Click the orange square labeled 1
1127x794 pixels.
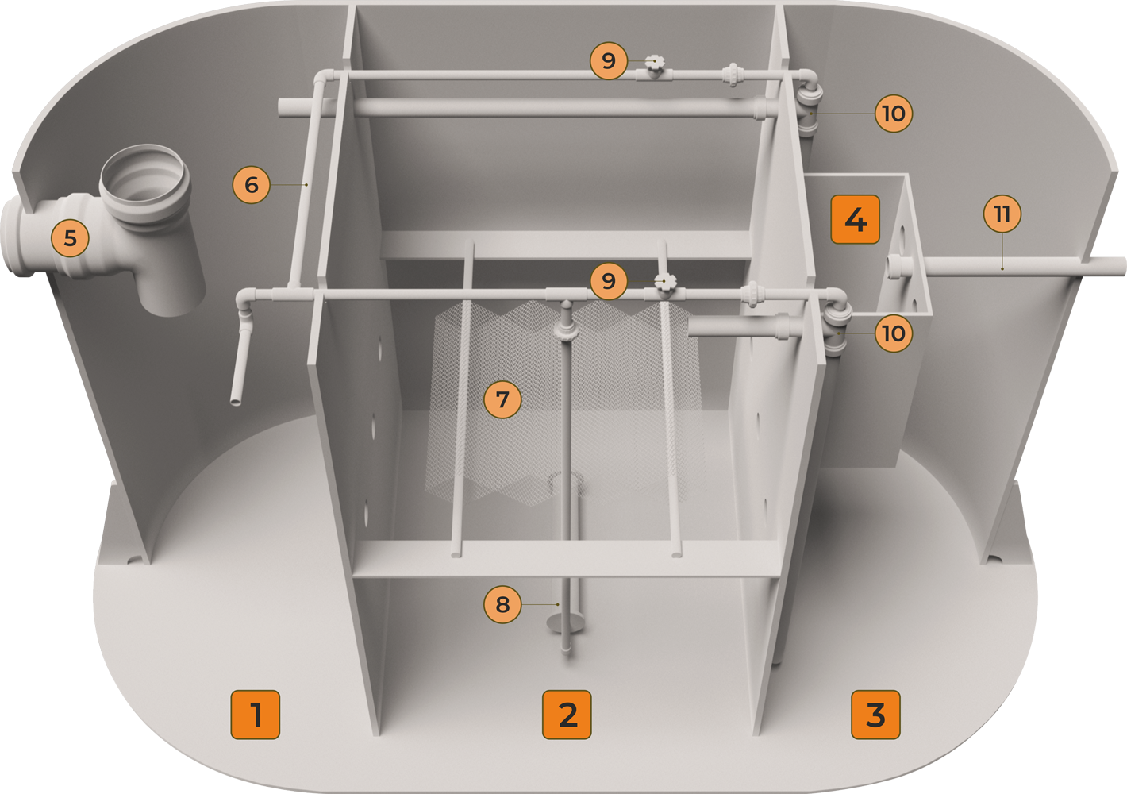(x=255, y=715)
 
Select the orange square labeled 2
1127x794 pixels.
(x=567, y=715)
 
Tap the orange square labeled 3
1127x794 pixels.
(x=875, y=715)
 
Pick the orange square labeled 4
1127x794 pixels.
(x=856, y=219)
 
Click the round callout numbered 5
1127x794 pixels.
(x=70, y=238)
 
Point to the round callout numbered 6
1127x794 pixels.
(x=252, y=185)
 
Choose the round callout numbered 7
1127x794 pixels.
(x=502, y=399)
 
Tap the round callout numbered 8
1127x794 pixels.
(x=502, y=604)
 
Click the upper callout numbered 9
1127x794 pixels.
(x=609, y=61)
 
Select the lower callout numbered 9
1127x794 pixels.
(x=609, y=281)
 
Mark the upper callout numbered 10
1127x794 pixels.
(x=894, y=114)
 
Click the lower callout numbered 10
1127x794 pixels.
(x=894, y=333)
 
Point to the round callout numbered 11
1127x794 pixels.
(x=1002, y=214)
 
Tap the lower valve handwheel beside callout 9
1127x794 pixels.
(x=665, y=282)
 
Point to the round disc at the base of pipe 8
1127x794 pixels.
(x=566, y=623)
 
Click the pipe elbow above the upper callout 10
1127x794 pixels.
(x=807, y=79)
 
